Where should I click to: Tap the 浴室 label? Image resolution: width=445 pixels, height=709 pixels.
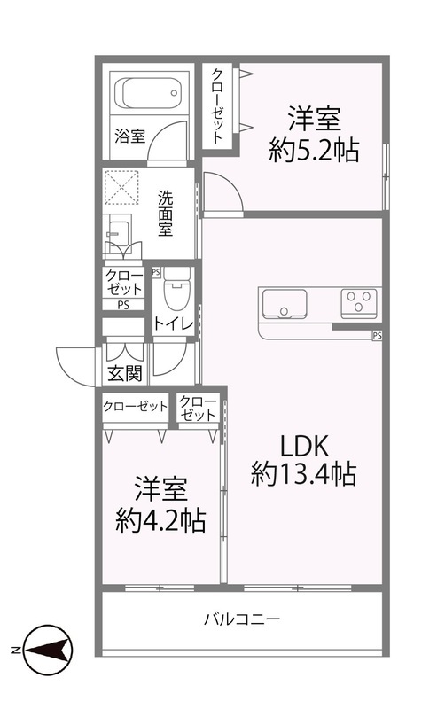click(x=129, y=136)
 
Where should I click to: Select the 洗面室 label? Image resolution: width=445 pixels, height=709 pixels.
click(x=165, y=214)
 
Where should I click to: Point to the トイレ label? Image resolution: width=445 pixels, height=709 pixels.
click(x=173, y=323)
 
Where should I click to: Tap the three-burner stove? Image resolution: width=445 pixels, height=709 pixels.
click(x=360, y=302)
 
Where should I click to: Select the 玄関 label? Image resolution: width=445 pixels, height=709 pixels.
click(x=125, y=373)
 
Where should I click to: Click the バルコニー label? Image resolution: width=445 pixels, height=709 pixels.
click(x=241, y=619)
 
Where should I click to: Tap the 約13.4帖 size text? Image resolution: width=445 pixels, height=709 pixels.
click(x=303, y=476)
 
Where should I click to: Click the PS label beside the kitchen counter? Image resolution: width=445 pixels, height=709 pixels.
click(x=377, y=336)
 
